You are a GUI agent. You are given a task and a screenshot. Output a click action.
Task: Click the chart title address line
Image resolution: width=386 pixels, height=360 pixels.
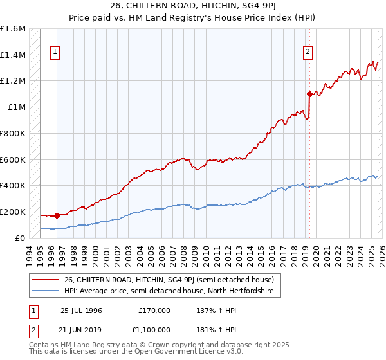pos(193,5)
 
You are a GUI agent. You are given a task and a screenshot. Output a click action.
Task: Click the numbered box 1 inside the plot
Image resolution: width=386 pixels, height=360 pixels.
pos(55,53)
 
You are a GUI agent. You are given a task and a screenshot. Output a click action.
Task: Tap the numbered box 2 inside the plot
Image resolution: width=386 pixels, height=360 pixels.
pos(308,53)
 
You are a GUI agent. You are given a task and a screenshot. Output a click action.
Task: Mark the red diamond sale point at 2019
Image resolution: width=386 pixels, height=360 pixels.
pos(309,94)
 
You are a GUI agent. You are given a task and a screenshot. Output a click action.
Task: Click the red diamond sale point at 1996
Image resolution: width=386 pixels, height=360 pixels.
pos(57,216)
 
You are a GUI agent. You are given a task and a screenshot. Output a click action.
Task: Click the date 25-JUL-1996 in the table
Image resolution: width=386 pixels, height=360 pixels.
pos(81,310)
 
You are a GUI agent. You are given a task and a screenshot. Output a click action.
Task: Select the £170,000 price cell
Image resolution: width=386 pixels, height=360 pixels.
pos(154,310)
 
